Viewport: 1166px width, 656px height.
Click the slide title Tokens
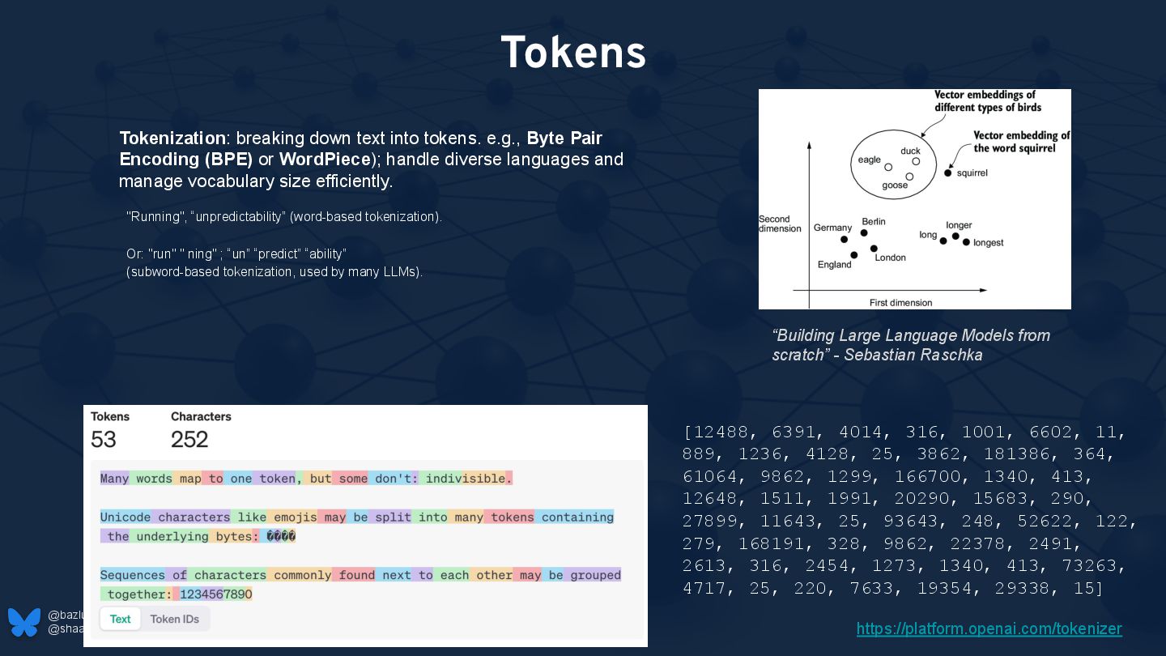point(573,53)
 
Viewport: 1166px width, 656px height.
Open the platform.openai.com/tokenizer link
point(989,628)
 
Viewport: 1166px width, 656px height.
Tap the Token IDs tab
point(176,619)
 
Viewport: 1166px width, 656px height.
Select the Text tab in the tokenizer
point(121,619)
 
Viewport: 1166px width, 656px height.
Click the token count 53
point(104,439)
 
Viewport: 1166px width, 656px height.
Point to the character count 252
point(189,439)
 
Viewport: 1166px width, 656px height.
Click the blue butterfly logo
point(24,622)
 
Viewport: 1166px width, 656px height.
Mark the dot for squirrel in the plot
point(948,173)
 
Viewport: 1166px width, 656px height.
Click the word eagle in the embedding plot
point(869,160)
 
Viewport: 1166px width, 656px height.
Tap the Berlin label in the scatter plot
point(874,221)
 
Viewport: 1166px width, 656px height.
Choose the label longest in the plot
point(988,242)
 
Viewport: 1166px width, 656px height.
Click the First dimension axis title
point(900,302)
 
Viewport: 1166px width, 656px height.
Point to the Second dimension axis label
point(780,224)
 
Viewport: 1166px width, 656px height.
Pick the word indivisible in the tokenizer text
point(465,478)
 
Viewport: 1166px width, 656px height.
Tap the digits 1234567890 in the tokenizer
point(215,594)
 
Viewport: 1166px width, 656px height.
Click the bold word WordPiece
point(325,159)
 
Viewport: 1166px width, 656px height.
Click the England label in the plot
point(834,264)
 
